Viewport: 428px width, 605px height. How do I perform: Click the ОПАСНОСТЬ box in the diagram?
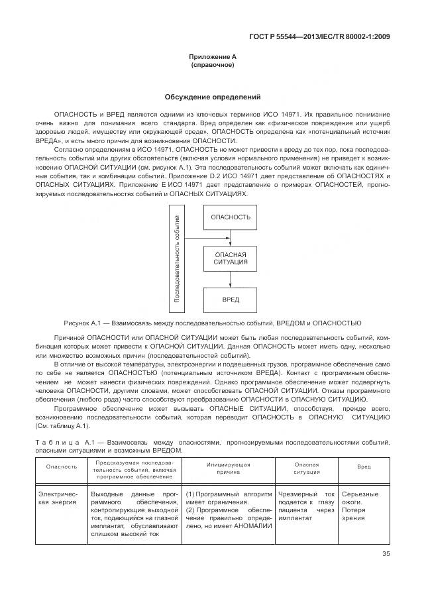point(231,217)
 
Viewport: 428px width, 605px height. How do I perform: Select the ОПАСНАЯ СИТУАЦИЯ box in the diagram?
point(231,258)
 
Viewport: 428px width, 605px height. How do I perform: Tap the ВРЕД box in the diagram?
point(231,299)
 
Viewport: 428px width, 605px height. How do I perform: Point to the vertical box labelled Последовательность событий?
point(178,258)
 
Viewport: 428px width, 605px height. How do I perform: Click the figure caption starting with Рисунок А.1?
point(212,323)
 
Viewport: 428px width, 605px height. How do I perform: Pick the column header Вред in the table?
point(364,467)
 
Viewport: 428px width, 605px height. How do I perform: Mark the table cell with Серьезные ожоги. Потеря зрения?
point(361,506)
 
